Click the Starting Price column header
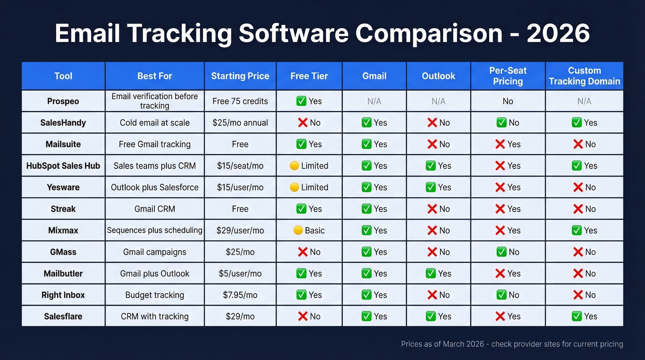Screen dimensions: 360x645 click(240, 76)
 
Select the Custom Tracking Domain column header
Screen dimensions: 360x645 click(584, 76)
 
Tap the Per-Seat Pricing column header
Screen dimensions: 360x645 click(508, 76)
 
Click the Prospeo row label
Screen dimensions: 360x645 click(63, 101)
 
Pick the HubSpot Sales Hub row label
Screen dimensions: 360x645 click(63, 166)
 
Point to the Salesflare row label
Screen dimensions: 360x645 click(63, 316)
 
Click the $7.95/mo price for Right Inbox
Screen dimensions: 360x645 click(240, 295)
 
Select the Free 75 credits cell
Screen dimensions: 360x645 click(240, 101)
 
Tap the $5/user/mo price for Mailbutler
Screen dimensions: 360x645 click(240, 273)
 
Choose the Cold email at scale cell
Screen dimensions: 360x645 click(155, 123)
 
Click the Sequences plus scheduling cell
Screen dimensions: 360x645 click(155, 230)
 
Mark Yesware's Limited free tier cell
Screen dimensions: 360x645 click(309, 187)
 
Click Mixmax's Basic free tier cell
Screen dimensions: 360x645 click(309, 230)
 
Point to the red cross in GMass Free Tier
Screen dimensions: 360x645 click(303, 252)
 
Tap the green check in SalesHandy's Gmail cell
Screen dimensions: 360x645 click(367, 123)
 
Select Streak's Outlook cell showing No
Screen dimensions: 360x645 click(438, 209)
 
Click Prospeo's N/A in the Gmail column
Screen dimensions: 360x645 click(374, 101)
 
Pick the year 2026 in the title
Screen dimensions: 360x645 click(558, 33)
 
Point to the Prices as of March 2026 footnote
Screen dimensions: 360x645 click(512, 344)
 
